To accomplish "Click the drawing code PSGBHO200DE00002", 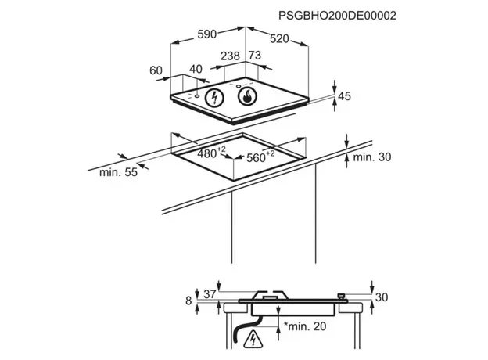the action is click(337, 16).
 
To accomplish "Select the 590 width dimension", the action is click(207, 34).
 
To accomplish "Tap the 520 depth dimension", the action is click(279, 39).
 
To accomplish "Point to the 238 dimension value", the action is click(230, 56).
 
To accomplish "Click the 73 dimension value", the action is click(255, 56).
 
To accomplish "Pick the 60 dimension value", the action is click(156, 70).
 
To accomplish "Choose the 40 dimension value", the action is click(196, 69).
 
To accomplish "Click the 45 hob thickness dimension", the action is click(344, 96).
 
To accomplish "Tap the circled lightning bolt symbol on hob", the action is click(214, 98).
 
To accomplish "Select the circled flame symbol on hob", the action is click(247, 96).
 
